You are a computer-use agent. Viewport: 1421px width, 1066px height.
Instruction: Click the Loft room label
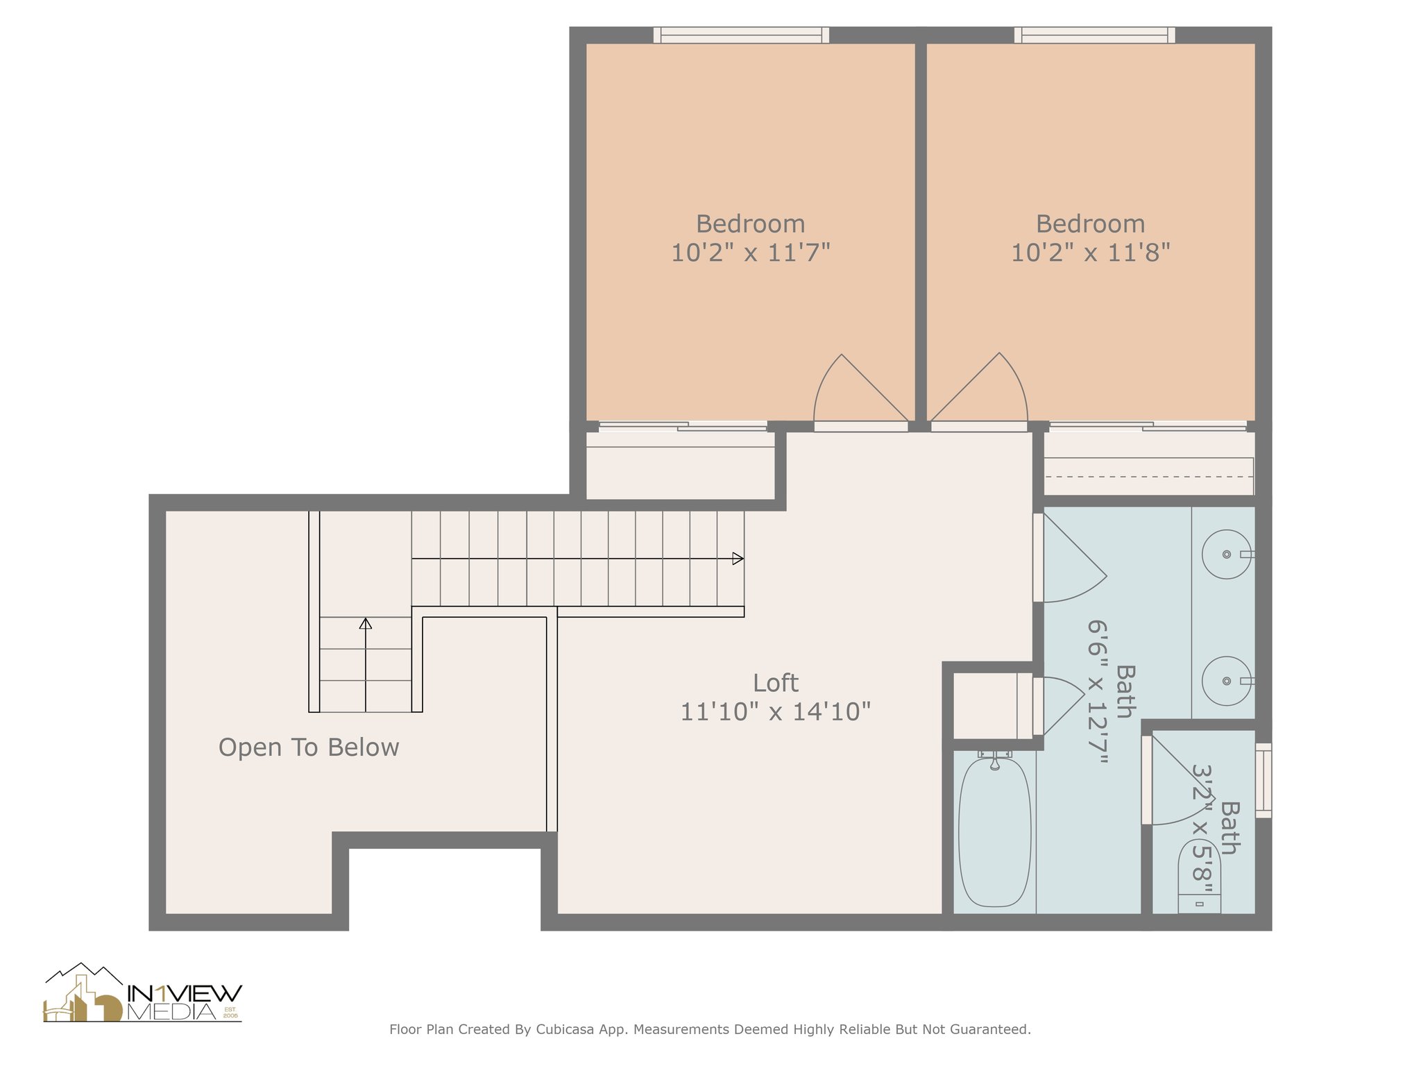pyautogui.click(x=775, y=684)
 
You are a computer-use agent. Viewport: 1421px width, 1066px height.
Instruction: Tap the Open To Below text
pyautogui.click(x=309, y=747)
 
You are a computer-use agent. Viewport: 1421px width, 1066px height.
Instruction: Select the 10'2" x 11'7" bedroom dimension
pyautogui.click(x=750, y=253)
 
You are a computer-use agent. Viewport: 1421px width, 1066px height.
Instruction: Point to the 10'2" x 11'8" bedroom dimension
pyautogui.click(x=1090, y=253)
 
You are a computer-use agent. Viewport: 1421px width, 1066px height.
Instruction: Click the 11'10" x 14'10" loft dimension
pyautogui.click(x=775, y=712)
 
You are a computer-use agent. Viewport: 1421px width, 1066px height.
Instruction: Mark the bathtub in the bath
pyautogui.click(x=994, y=831)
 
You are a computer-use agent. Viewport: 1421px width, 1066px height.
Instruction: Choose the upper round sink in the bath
pyautogui.click(x=1227, y=555)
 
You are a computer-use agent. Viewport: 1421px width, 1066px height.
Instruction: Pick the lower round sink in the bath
pyautogui.click(x=1227, y=681)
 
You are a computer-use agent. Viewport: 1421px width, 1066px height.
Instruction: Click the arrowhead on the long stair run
pyautogui.click(x=738, y=559)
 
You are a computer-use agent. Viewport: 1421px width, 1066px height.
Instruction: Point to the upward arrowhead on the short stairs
pyautogui.click(x=366, y=623)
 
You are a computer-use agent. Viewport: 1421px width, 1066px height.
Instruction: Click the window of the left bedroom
pyautogui.click(x=741, y=35)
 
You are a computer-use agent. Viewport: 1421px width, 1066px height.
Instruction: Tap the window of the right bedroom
pyautogui.click(x=1094, y=35)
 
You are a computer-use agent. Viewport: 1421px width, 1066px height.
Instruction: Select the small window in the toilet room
pyautogui.click(x=1263, y=780)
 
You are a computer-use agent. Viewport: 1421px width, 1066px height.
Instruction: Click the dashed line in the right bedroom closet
pyautogui.click(x=1149, y=477)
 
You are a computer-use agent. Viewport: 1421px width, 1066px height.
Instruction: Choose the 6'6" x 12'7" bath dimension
pyautogui.click(x=1097, y=692)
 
